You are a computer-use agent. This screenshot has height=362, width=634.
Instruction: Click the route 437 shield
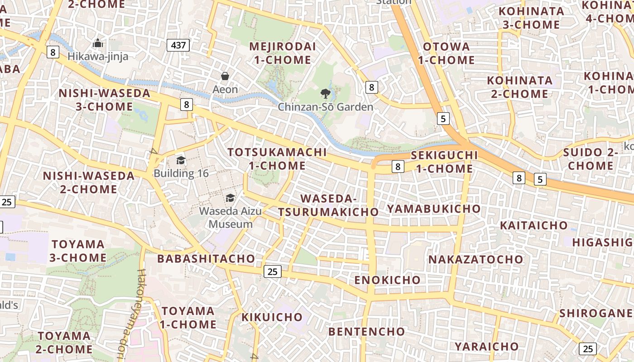coord(178,45)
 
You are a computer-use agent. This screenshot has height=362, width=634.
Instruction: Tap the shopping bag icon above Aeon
coord(225,76)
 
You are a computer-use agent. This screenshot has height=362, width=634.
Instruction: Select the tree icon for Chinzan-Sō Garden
coord(325,94)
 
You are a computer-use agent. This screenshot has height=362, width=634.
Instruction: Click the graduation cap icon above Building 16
coord(181,161)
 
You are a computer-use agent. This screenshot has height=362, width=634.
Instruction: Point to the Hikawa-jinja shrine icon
coord(98,44)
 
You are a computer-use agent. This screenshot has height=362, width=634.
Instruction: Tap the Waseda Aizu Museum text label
coord(226,218)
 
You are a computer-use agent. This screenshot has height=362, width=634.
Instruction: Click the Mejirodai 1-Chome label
coord(282,53)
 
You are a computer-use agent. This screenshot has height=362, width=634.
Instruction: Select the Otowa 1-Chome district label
coord(446,53)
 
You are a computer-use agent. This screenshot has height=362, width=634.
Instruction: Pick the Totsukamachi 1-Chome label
coord(277,159)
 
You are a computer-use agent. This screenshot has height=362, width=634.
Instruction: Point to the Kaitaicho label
coord(533,225)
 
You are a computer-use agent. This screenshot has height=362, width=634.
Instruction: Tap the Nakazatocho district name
coord(475,260)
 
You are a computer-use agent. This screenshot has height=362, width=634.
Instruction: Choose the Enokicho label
coord(387,280)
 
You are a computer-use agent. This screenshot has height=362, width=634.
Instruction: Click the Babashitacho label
coord(206,259)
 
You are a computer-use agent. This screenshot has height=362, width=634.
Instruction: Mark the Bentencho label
coord(366,332)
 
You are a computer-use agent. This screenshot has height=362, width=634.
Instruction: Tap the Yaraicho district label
coord(487,347)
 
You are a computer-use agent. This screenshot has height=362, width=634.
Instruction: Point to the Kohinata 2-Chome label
coord(519,87)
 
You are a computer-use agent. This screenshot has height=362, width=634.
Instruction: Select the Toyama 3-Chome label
coord(79,251)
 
